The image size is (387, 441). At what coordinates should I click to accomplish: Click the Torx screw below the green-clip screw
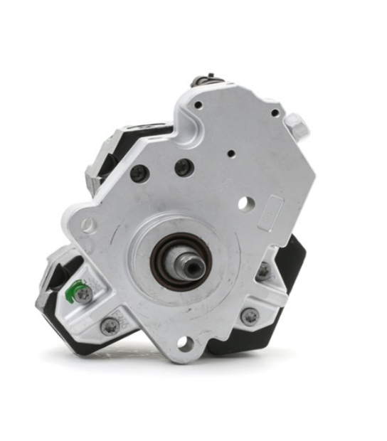[x=110, y=326]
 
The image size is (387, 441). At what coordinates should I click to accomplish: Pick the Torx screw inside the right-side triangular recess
[x=264, y=270]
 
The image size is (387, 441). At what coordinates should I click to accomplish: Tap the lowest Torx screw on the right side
[x=249, y=317]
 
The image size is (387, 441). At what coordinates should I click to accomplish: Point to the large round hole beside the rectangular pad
[x=244, y=203]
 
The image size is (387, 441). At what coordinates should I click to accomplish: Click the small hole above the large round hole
[x=230, y=152]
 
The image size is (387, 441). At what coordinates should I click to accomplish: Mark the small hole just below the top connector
[x=198, y=105]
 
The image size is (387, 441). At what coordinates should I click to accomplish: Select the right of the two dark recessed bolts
[x=183, y=168]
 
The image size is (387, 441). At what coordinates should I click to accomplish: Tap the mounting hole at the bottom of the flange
[x=184, y=344]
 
